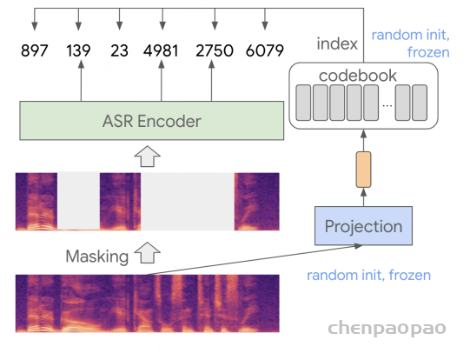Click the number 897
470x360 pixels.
click(35, 50)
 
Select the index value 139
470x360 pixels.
click(78, 50)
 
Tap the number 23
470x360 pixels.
click(119, 50)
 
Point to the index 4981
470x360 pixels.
click(161, 50)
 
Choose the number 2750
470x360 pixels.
click(215, 50)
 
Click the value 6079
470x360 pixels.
click(265, 50)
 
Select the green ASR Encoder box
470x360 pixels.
click(152, 121)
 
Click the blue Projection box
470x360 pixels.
click(363, 226)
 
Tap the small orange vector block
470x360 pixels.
click(363, 170)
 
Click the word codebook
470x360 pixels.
click(358, 76)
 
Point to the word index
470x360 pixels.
click(337, 43)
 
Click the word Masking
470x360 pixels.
click(97, 257)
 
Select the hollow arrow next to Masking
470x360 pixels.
click(147, 253)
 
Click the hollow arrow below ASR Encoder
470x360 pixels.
click(147, 157)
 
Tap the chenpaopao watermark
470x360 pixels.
click(387, 328)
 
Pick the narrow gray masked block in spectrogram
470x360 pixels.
click(78, 201)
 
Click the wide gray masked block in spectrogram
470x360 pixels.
click(188, 201)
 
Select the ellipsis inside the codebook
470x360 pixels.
click(387, 105)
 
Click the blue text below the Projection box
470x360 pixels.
click(368, 275)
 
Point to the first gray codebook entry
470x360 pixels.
click(303, 103)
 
